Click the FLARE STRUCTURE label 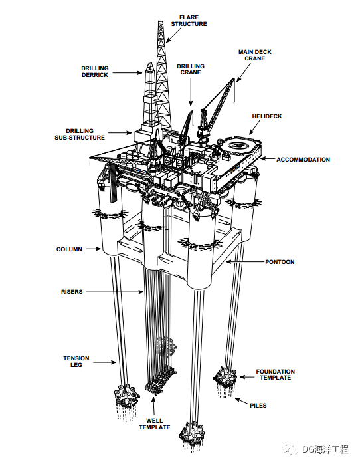pyautogui.click(x=189, y=21)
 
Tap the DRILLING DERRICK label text pyautogui.click(x=95, y=72)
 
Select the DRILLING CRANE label pyautogui.click(x=191, y=69)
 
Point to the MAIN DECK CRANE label pyautogui.click(x=255, y=55)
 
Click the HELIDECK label pyautogui.click(x=267, y=116)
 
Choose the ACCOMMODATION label pyautogui.click(x=303, y=160)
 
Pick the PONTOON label pyautogui.click(x=280, y=262)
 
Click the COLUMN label pyautogui.click(x=69, y=249)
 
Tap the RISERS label pyautogui.click(x=72, y=292)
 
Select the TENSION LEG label pyautogui.click(x=76, y=362)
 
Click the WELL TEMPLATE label pyautogui.click(x=155, y=424)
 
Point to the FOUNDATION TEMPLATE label pyautogui.click(x=276, y=374)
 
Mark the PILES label pyautogui.click(x=258, y=406)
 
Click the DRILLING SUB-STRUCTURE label pyautogui.click(x=80, y=134)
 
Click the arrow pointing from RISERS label pyautogui.click(x=115, y=292)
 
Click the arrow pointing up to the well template pyautogui.click(x=153, y=406)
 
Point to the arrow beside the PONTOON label pyautogui.click(x=244, y=261)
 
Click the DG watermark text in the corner pyautogui.click(x=325, y=449)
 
